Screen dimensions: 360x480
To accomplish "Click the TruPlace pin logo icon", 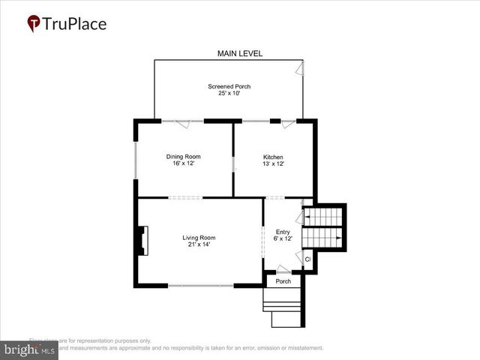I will coord(34,24).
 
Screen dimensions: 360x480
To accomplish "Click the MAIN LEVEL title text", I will coord(238,53).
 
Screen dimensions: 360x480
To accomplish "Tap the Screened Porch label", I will coord(229,87).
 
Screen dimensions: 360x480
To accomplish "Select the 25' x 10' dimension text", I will coord(229,94).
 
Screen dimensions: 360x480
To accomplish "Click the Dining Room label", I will coord(183,157).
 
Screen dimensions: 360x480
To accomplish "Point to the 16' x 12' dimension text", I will coord(183,164).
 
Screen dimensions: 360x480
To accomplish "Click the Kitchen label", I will coord(273,157).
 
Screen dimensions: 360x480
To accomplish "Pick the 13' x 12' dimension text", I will coord(273,164).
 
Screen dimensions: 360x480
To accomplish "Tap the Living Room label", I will coord(199,238).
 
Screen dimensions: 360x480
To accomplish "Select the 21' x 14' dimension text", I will coord(199,245).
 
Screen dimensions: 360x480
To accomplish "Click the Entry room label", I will coord(283,232).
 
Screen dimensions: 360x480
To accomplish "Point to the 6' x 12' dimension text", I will coord(283,239).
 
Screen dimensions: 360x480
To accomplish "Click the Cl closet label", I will coord(307,259).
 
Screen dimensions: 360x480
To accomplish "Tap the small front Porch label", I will coord(283,282).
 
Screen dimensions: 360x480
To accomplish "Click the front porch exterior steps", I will coord(283,309).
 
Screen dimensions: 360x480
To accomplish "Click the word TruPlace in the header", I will coord(75,24).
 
